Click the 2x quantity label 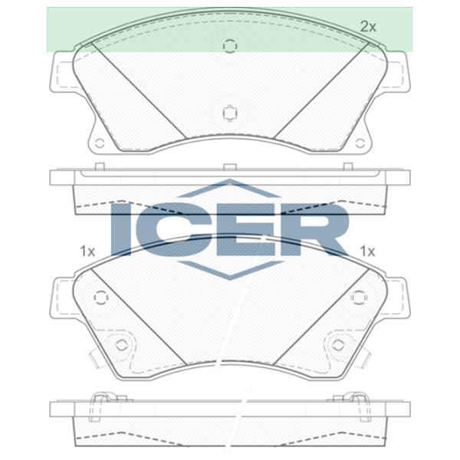pyautogui.click(x=368, y=27)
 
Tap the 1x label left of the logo pyautogui.click(x=87, y=251)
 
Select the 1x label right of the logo pyautogui.click(x=367, y=251)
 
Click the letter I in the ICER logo pyautogui.click(x=120, y=229)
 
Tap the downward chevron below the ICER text pyautogui.click(x=230, y=270)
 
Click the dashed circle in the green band pyautogui.click(x=230, y=46)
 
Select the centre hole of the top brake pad pyautogui.click(x=230, y=113)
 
